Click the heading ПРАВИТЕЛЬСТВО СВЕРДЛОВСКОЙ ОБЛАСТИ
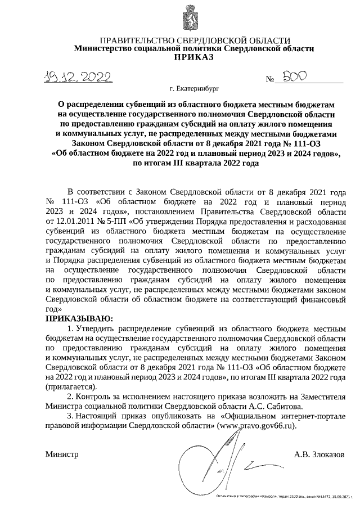point(195,40)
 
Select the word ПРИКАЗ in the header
point(194,57)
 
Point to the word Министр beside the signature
point(61,454)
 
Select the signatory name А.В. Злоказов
point(318,454)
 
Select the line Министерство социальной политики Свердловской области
point(194,49)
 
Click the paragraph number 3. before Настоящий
point(70,415)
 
